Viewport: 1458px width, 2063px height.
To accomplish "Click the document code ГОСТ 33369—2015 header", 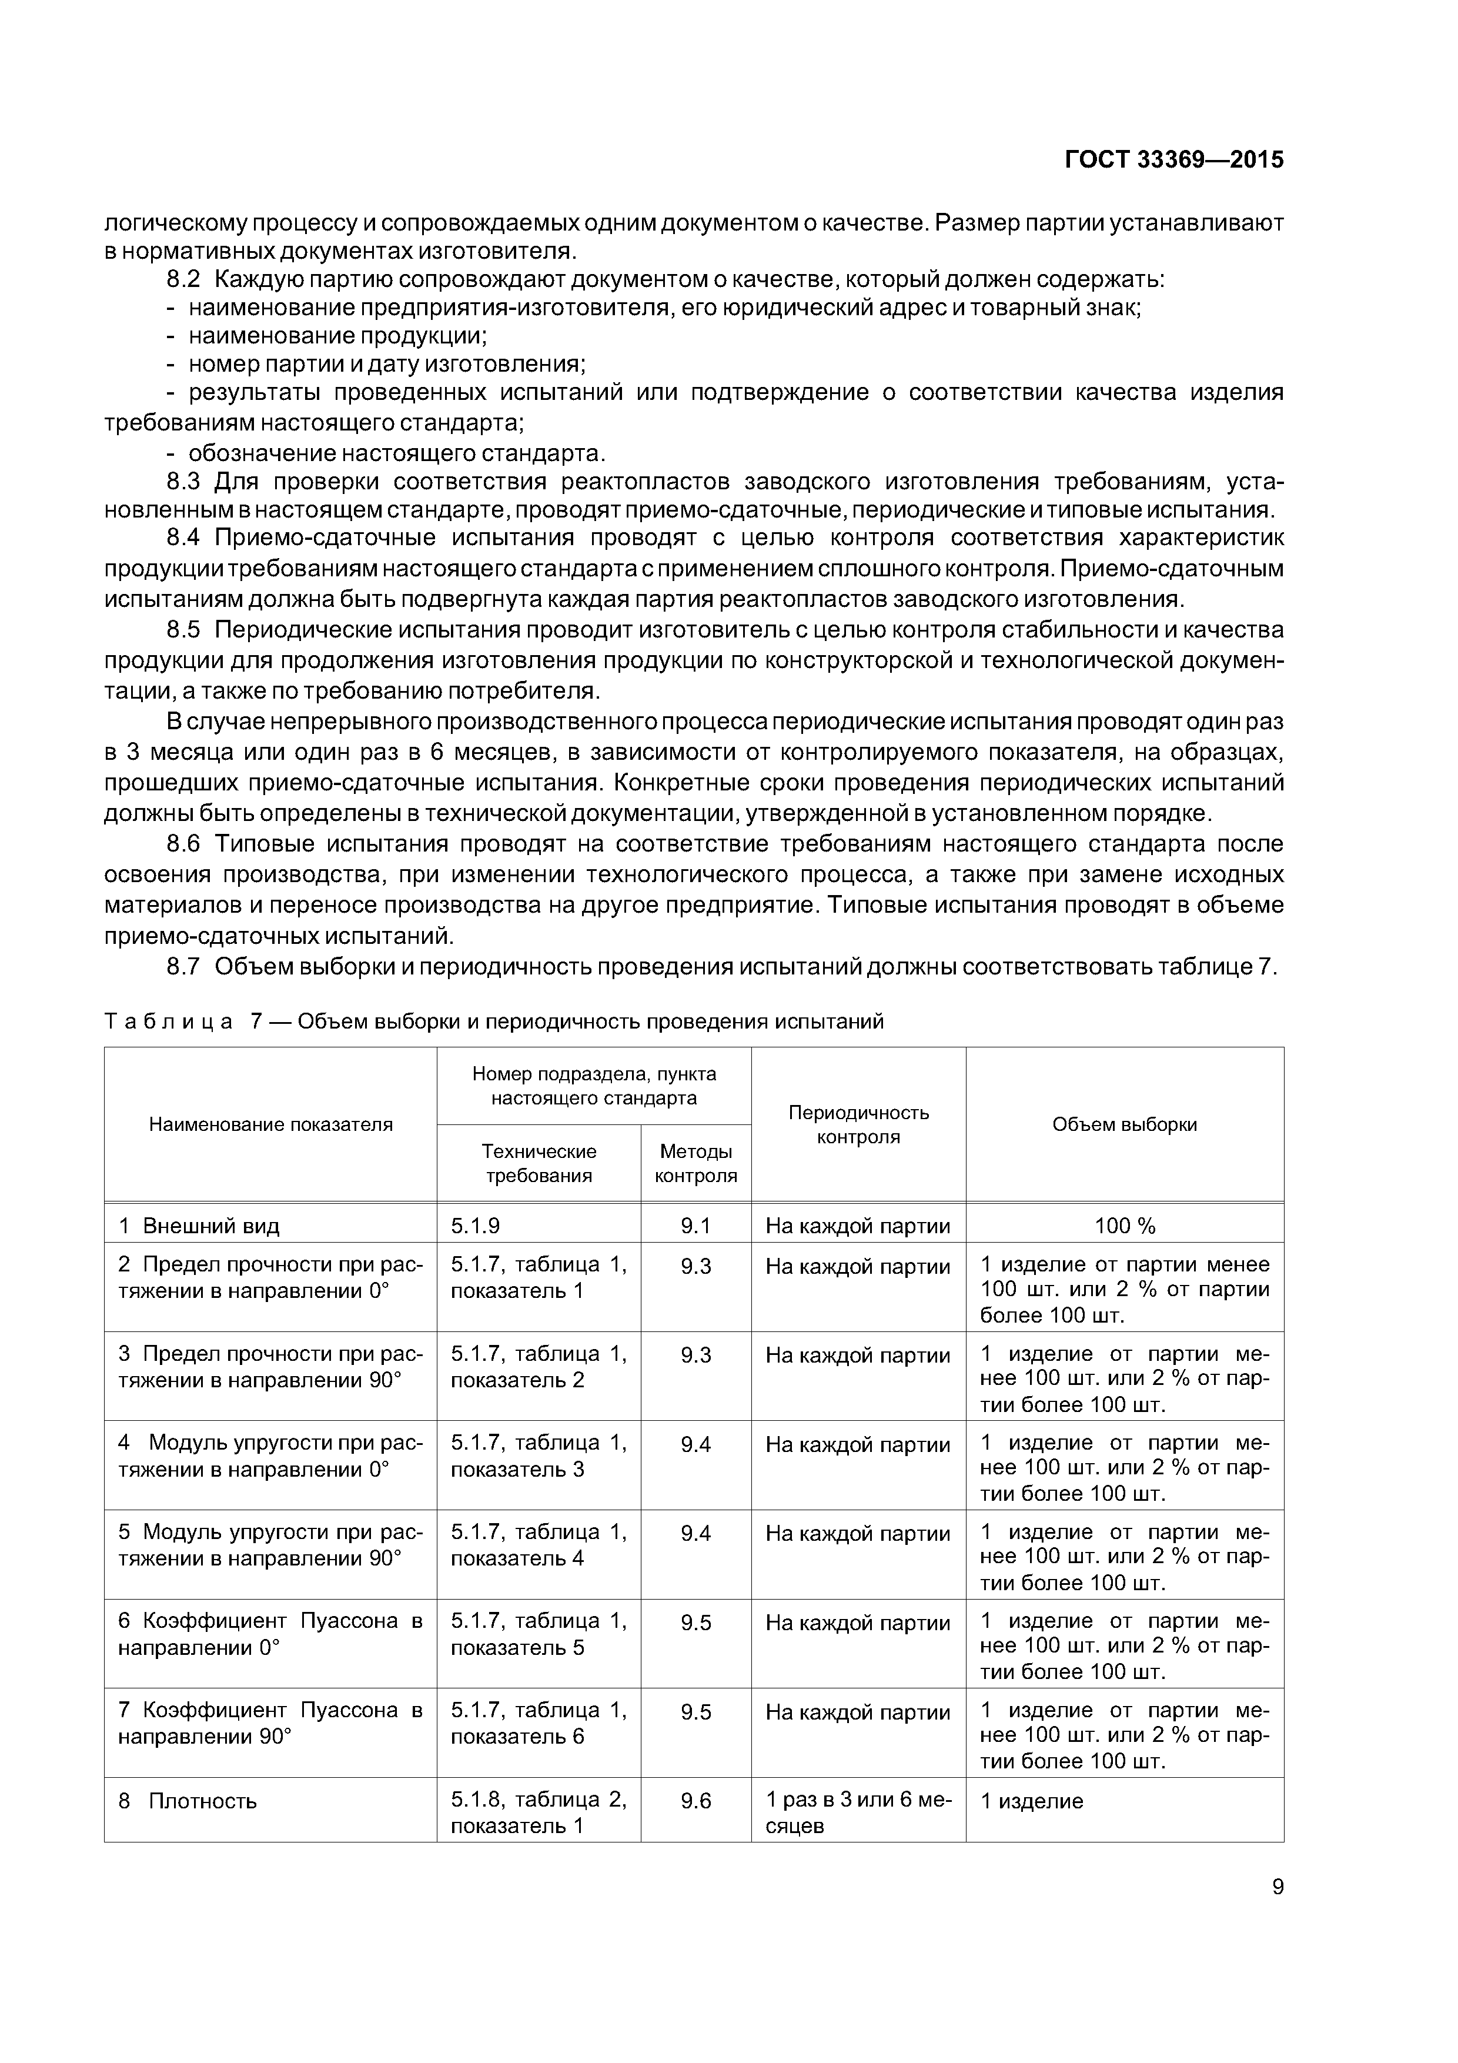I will (x=1173, y=160).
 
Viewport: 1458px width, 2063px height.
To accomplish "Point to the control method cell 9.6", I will (x=695, y=1801).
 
